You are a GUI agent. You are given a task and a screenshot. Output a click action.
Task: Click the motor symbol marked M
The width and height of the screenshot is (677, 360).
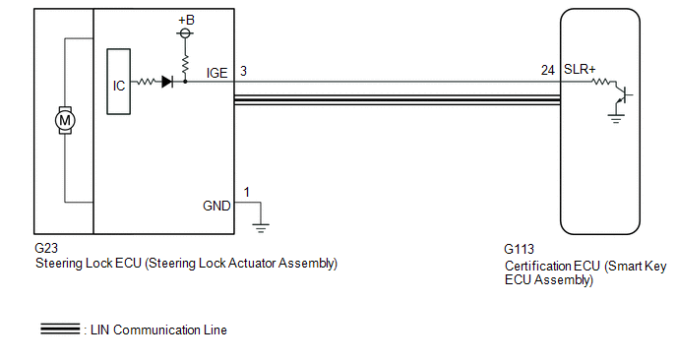tap(65, 120)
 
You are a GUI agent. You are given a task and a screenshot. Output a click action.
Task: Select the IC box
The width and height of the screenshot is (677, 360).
tap(119, 82)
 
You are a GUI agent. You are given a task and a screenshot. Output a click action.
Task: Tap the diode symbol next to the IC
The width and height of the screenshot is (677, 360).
tap(167, 82)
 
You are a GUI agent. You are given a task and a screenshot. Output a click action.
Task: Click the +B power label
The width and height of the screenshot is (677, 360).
tap(187, 20)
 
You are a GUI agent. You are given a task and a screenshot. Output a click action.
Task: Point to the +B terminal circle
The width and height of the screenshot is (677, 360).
tap(185, 33)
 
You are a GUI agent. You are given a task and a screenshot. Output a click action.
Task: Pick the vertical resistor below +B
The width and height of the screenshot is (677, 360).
tap(185, 65)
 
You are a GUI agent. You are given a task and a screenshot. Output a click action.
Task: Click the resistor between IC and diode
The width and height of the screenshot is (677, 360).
tap(146, 82)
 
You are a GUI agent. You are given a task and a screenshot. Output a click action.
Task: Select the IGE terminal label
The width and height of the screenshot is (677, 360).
tap(216, 73)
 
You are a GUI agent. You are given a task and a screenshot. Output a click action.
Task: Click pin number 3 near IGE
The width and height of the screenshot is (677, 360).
tap(243, 71)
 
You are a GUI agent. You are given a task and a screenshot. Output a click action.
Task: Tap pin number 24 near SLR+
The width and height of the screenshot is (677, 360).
tap(548, 70)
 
